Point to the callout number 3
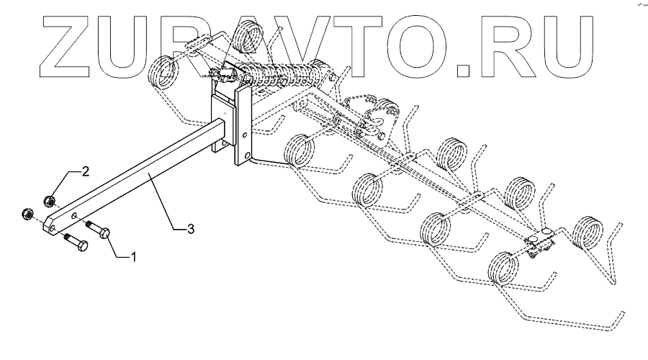click(x=190, y=229)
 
